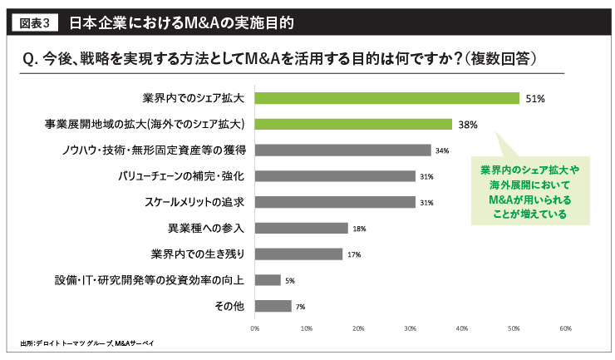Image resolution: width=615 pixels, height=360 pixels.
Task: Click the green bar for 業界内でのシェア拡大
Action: [387, 98]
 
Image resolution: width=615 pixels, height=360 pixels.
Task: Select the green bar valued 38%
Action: [353, 124]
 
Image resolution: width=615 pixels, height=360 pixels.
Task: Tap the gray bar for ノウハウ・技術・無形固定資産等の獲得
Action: [343, 150]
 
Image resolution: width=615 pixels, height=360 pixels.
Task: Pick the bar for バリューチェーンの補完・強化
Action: [335, 176]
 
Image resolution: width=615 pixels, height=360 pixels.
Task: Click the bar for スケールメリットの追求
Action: [335, 202]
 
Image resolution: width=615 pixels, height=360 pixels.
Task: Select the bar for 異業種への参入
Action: [302, 228]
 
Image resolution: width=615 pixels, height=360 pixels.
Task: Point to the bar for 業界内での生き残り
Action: [299, 254]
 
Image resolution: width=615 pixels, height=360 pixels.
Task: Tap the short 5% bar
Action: [268, 280]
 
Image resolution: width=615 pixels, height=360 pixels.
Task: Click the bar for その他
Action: [273, 306]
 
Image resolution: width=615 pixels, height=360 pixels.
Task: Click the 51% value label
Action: [534, 99]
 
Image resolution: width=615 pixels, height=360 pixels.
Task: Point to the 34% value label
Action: [442, 150]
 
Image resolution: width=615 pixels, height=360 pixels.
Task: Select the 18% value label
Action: [359, 229]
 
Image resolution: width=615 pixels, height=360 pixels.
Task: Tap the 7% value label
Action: [300, 307]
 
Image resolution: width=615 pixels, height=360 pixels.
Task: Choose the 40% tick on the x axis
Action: [461, 328]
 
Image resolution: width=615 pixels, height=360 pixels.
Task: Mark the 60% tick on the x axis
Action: [564, 328]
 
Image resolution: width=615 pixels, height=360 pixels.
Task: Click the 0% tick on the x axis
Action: [255, 328]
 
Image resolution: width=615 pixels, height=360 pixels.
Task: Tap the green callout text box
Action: [529, 190]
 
